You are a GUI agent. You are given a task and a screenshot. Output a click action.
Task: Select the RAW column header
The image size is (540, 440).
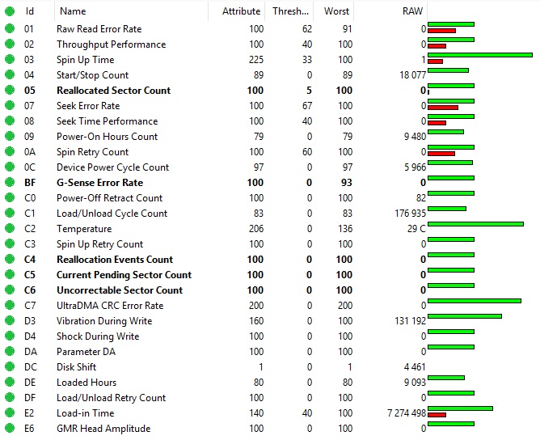coord(412,11)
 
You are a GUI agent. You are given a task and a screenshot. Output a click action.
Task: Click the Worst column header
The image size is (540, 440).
coord(336,11)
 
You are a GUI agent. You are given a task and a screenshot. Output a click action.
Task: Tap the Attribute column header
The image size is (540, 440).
coord(241,11)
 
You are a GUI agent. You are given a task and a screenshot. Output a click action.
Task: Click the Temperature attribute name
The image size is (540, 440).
coord(84,229)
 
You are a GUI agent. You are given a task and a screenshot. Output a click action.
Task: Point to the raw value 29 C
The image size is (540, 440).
coord(412,229)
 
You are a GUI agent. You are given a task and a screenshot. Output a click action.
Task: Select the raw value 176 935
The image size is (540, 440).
coord(407,214)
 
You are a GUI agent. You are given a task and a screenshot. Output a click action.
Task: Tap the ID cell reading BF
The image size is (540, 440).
coord(30,183)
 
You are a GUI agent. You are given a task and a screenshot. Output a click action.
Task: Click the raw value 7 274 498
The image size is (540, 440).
coord(407,413)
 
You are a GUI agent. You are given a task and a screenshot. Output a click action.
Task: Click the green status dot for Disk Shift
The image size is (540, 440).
coord(10,367)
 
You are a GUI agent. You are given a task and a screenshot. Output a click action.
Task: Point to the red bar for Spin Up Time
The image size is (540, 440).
coord(435,61)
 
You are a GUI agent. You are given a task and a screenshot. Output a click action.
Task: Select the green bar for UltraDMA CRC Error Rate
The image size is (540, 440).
coord(474,301)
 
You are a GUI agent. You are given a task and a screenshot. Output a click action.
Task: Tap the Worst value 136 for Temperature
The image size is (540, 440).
coord(344,229)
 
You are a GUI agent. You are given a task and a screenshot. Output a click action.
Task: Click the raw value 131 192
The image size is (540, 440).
coord(407,321)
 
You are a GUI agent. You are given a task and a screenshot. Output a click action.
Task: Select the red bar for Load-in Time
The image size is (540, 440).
coord(437,415)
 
